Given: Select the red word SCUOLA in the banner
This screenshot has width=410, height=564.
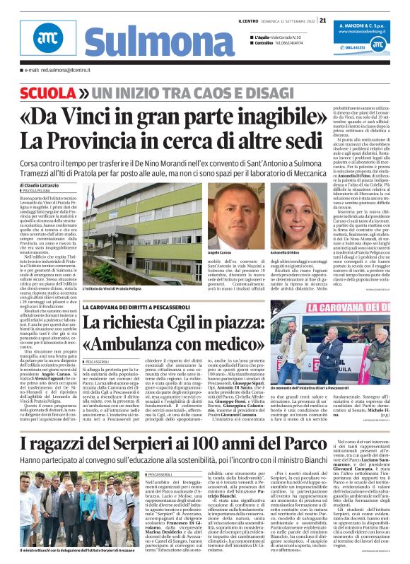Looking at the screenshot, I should click(x=49, y=93).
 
